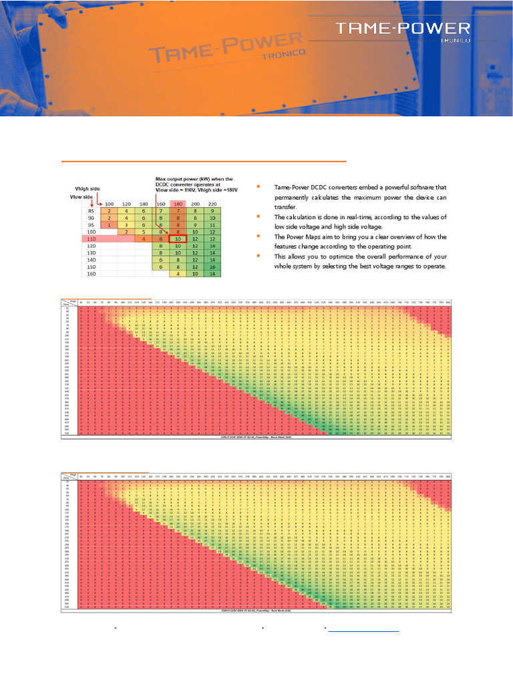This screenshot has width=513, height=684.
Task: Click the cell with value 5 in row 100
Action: (x=144, y=232)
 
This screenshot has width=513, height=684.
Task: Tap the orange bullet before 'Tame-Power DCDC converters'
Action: (x=259, y=188)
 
